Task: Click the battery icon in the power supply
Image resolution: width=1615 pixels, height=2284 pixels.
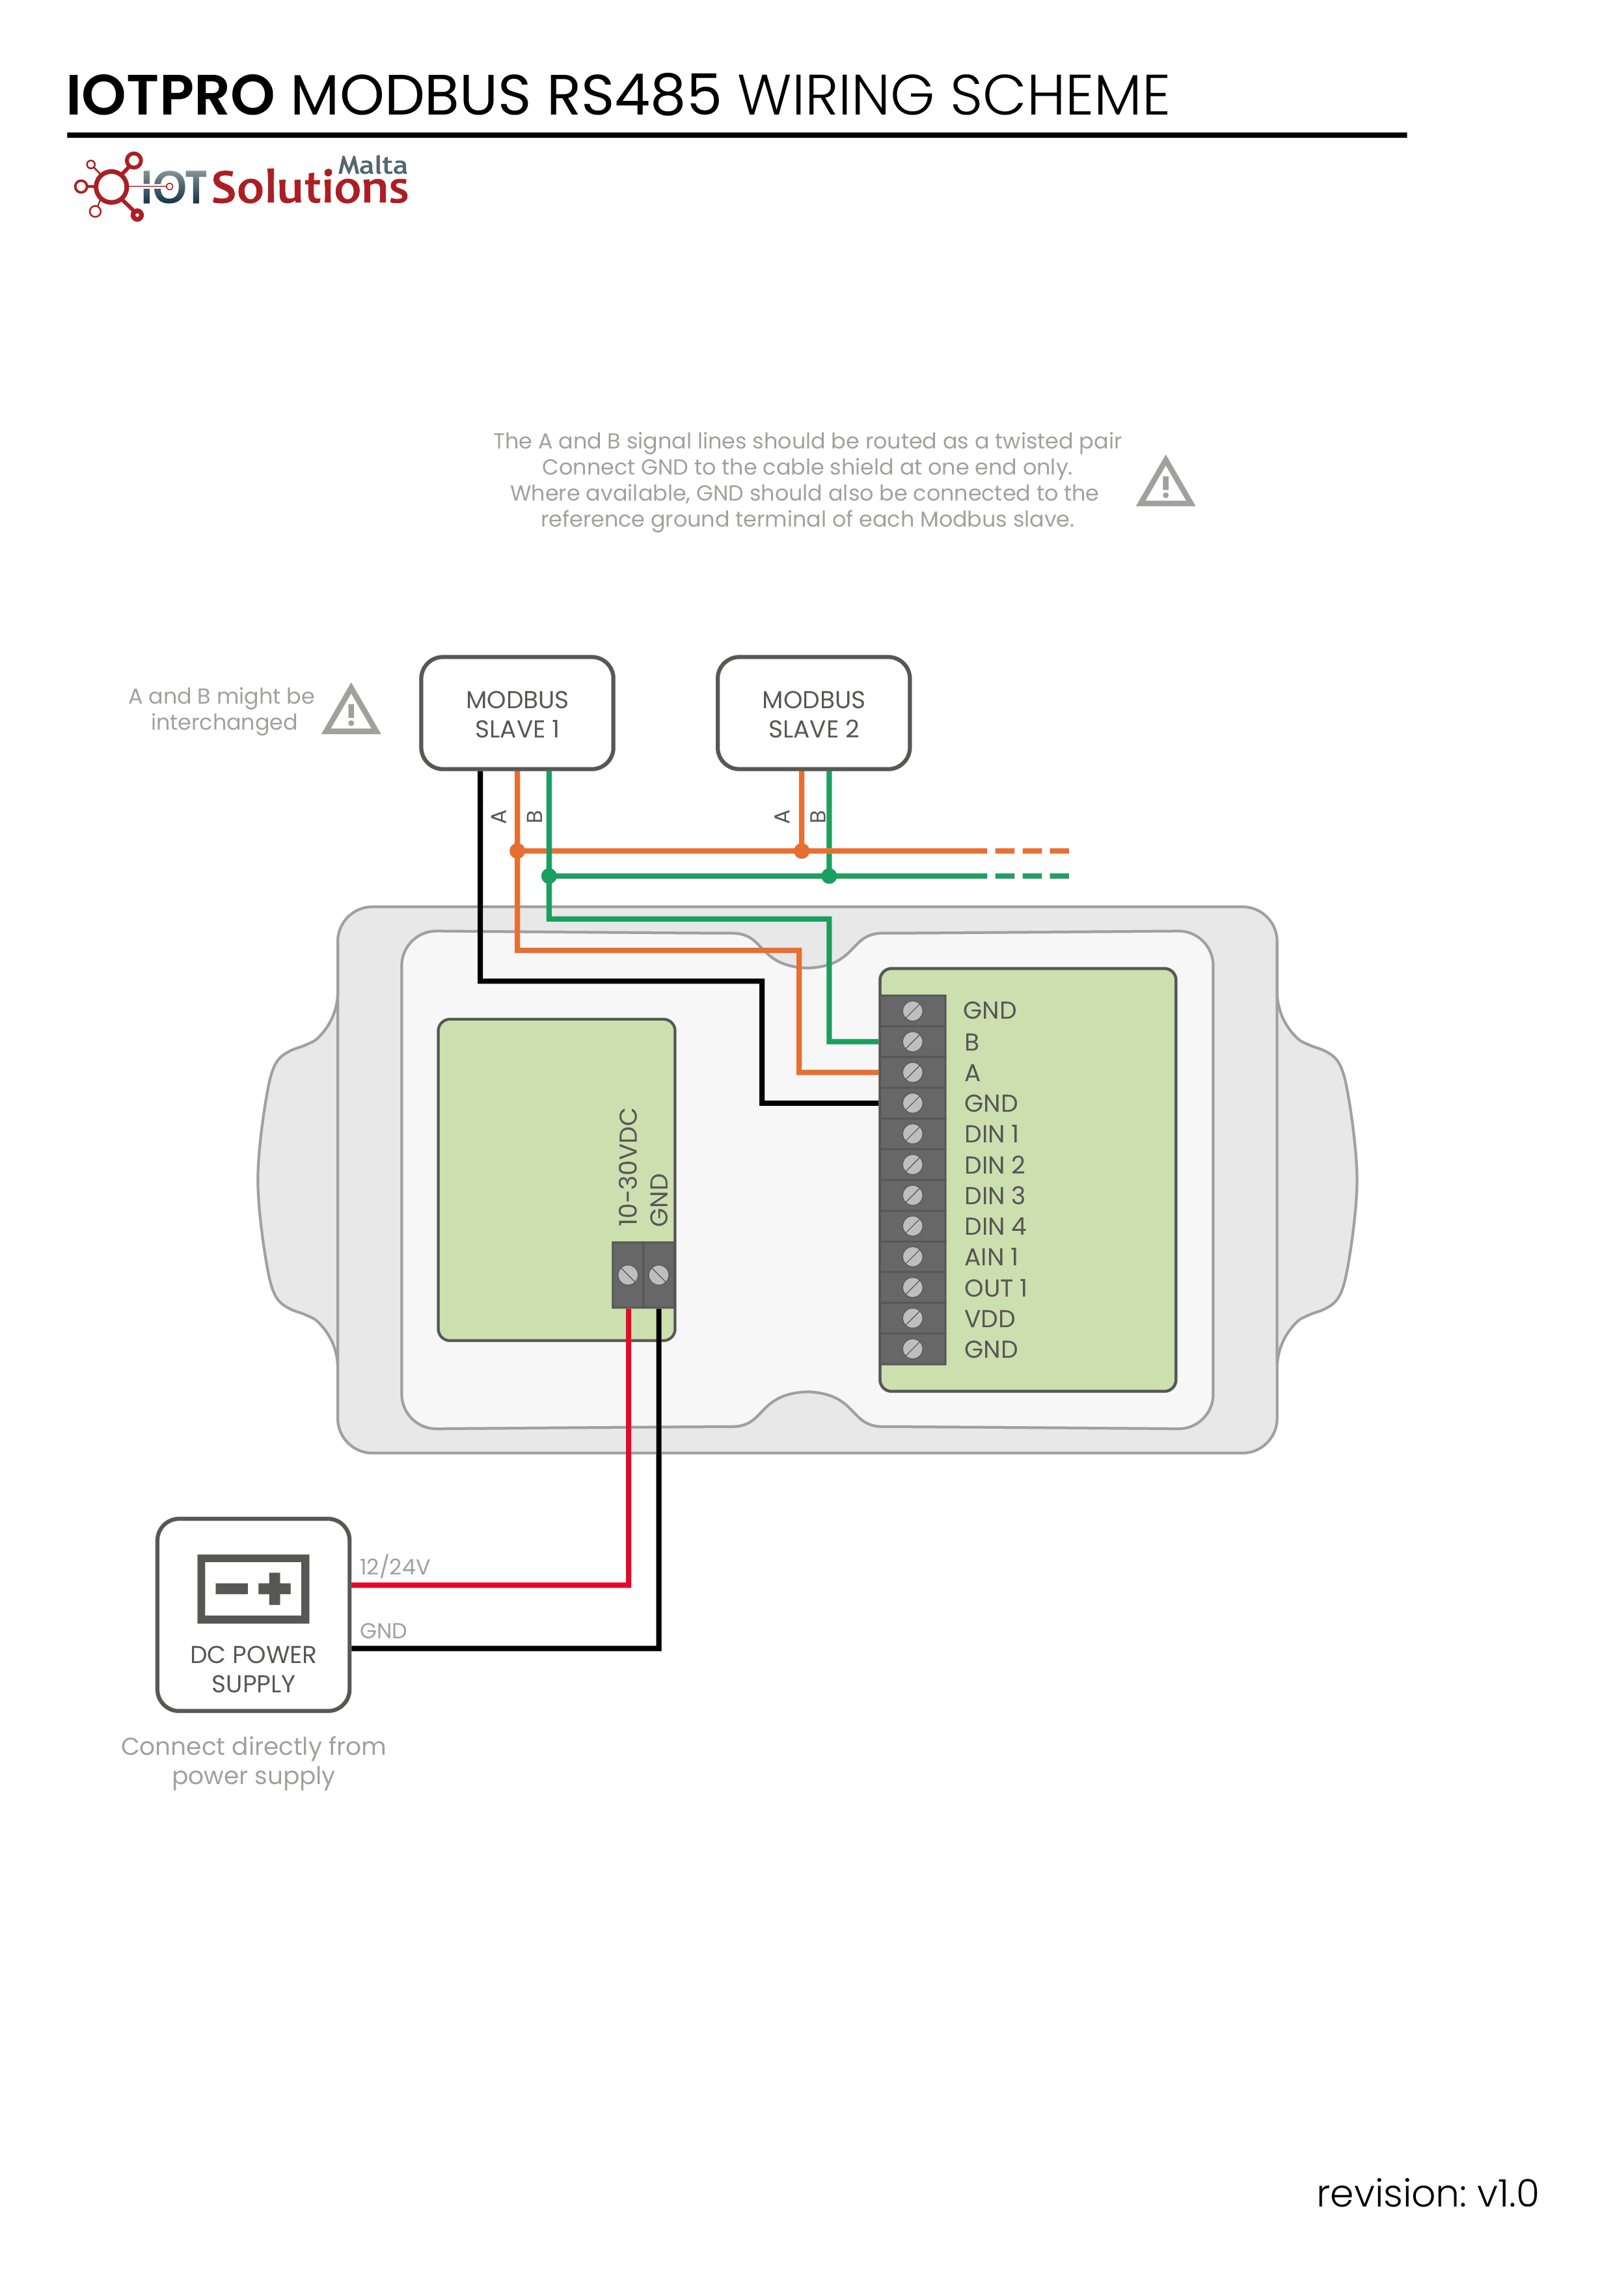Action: point(254,1588)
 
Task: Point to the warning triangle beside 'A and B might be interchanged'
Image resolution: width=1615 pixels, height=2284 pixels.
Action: point(351,709)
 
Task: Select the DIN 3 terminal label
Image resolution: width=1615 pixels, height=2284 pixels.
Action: point(994,1196)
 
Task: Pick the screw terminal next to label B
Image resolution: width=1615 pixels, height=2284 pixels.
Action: point(912,1041)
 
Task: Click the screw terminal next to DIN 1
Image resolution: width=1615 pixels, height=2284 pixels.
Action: point(912,1134)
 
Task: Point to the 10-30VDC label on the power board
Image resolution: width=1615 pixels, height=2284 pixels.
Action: point(627,1166)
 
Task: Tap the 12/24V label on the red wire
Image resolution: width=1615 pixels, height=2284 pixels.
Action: point(395,1567)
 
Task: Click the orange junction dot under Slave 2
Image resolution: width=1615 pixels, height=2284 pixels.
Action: point(802,851)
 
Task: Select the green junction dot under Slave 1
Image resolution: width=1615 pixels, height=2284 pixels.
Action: point(549,876)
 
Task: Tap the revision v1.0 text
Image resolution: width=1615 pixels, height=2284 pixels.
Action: point(1427,2194)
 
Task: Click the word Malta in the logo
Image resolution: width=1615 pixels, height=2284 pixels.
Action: point(373,165)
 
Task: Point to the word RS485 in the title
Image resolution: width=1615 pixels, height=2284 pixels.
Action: point(634,96)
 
